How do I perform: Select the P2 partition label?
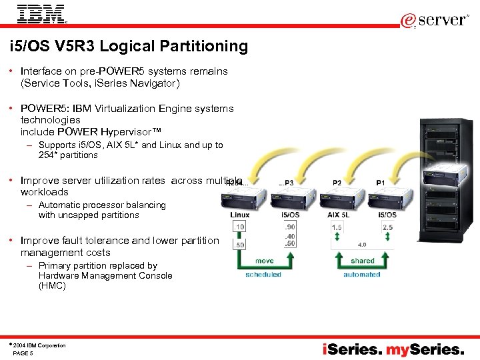tap(337, 183)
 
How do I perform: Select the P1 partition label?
tap(381, 183)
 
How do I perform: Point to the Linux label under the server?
tap(240, 215)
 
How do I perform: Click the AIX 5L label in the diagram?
tap(338, 215)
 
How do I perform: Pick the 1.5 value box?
tap(337, 227)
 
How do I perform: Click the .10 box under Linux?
tap(239, 227)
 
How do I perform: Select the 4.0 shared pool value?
tap(362, 245)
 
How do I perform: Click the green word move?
tap(264, 261)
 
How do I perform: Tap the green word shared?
tap(362, 261)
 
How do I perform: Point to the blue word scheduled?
tap(263, 274)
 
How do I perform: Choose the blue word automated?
tap(362, 274)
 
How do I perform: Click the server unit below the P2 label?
tap(337, 199)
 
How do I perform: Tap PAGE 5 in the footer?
tap(23, 353)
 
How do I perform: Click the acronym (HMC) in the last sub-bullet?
tap(53, 285)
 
